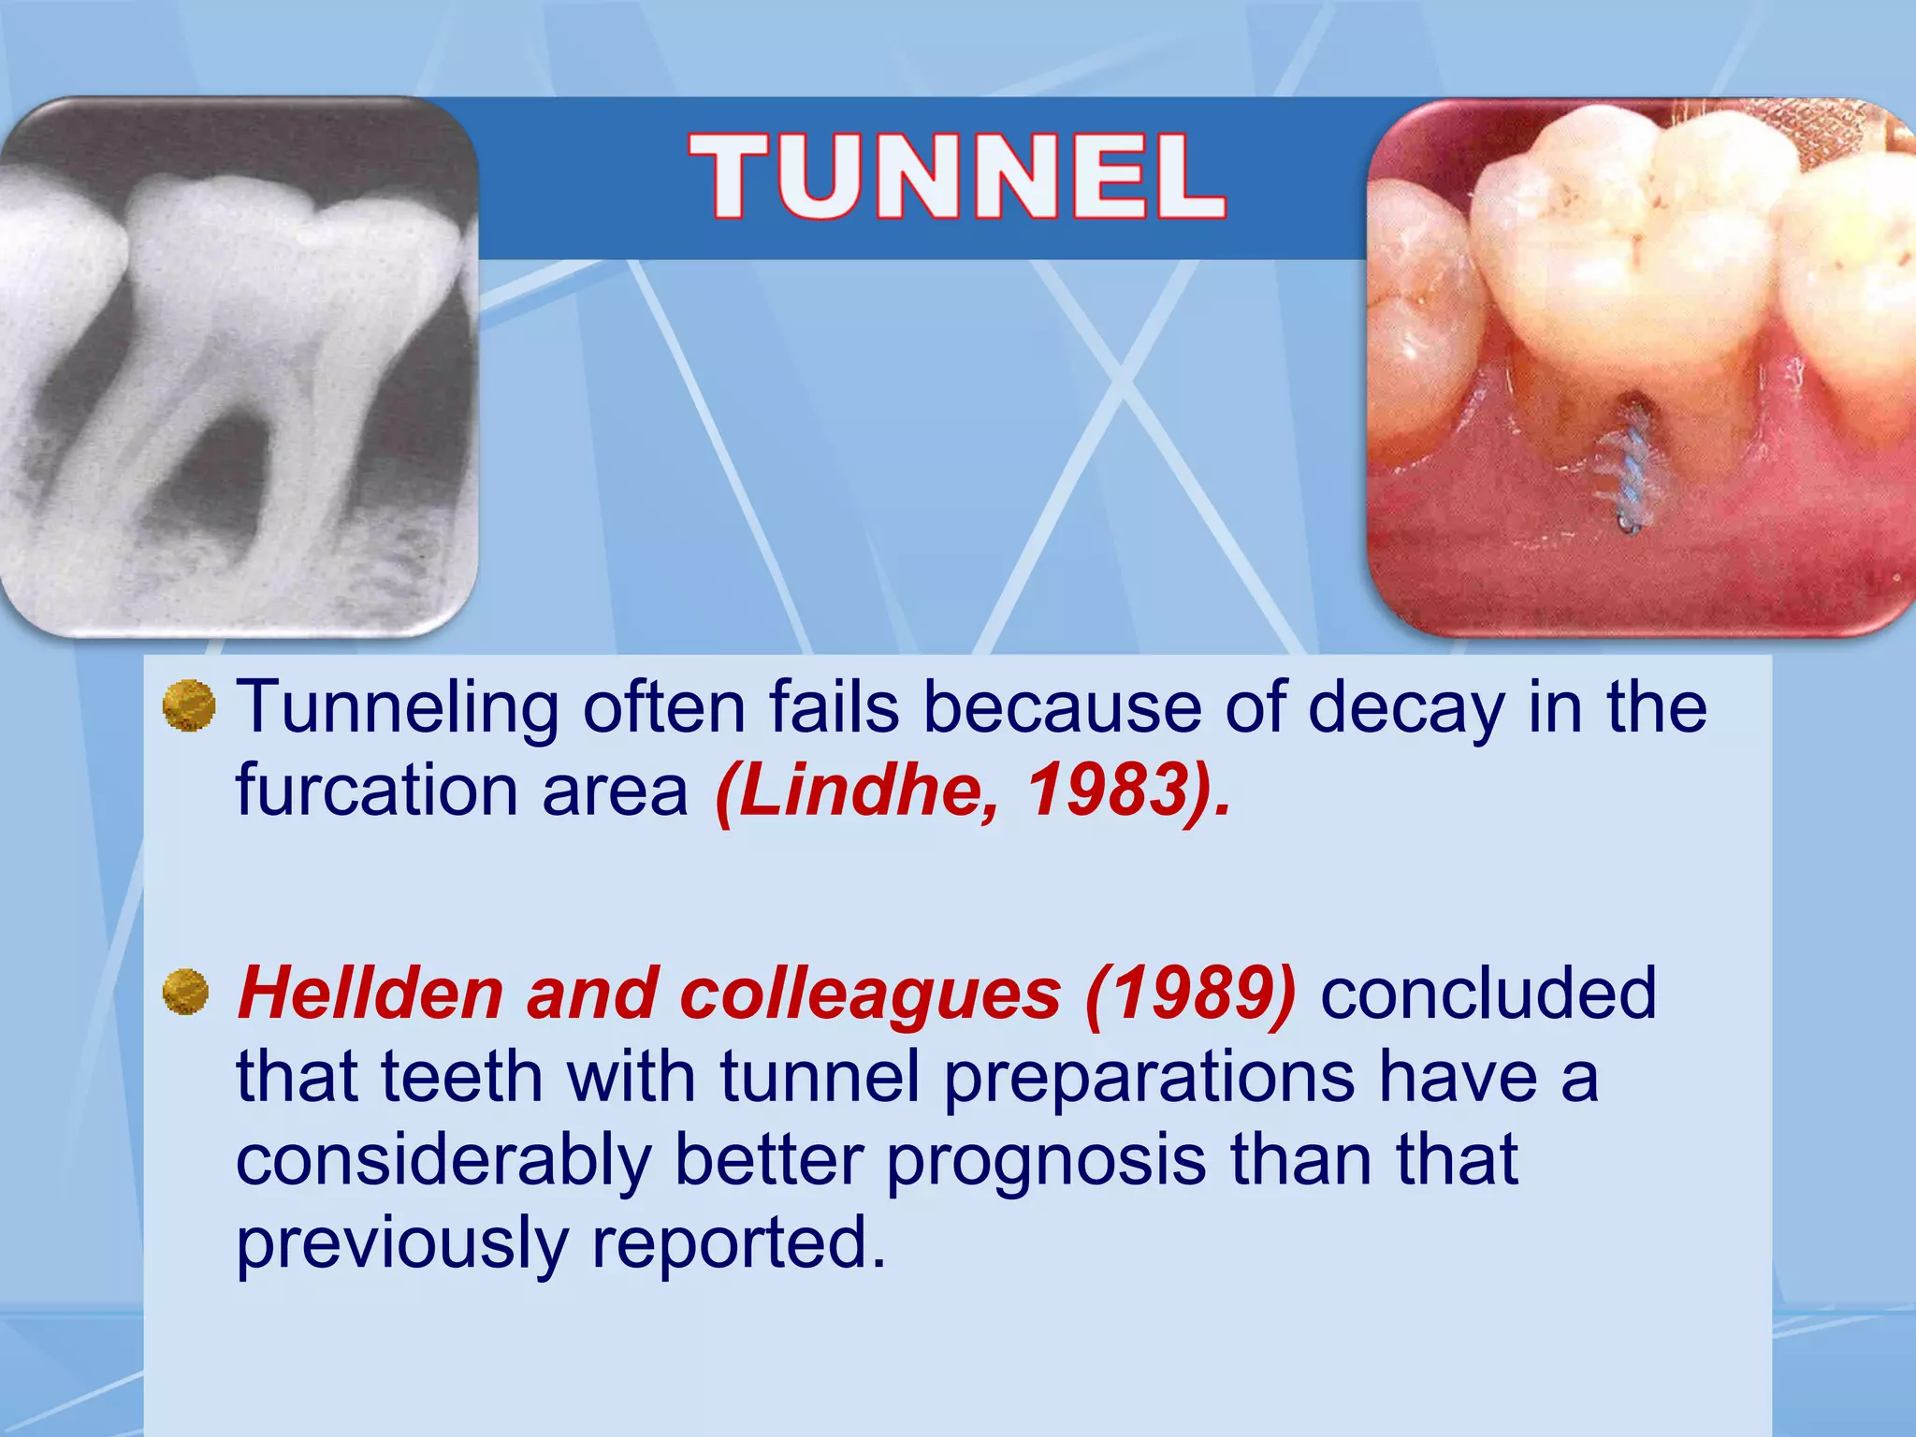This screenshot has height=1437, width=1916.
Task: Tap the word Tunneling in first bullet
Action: tap(397, 708)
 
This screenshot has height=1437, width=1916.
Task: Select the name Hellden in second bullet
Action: tap(370, 994)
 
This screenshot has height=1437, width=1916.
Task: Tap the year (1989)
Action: tap(1190, 994)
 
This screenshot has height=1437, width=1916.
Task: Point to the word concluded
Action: tap(1488, 994)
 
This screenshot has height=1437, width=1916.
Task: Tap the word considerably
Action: tap(443, 1160)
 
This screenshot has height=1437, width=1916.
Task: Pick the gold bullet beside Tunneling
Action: tap(189, 706)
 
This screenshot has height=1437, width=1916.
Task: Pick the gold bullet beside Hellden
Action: tap(186, 993)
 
